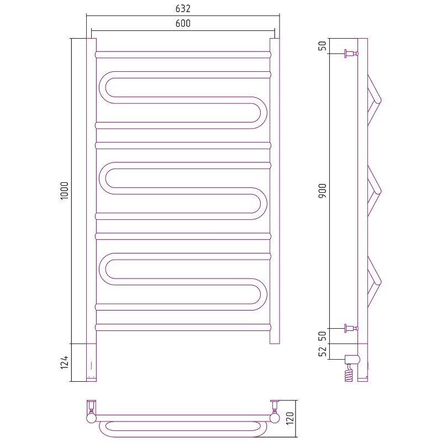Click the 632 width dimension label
[183, 8]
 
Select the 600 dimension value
[183, 23]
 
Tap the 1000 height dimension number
[65, 191]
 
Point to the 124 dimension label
[65, 362]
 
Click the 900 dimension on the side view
[322, 191]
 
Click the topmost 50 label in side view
[322, 46]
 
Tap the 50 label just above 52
[322, 336]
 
